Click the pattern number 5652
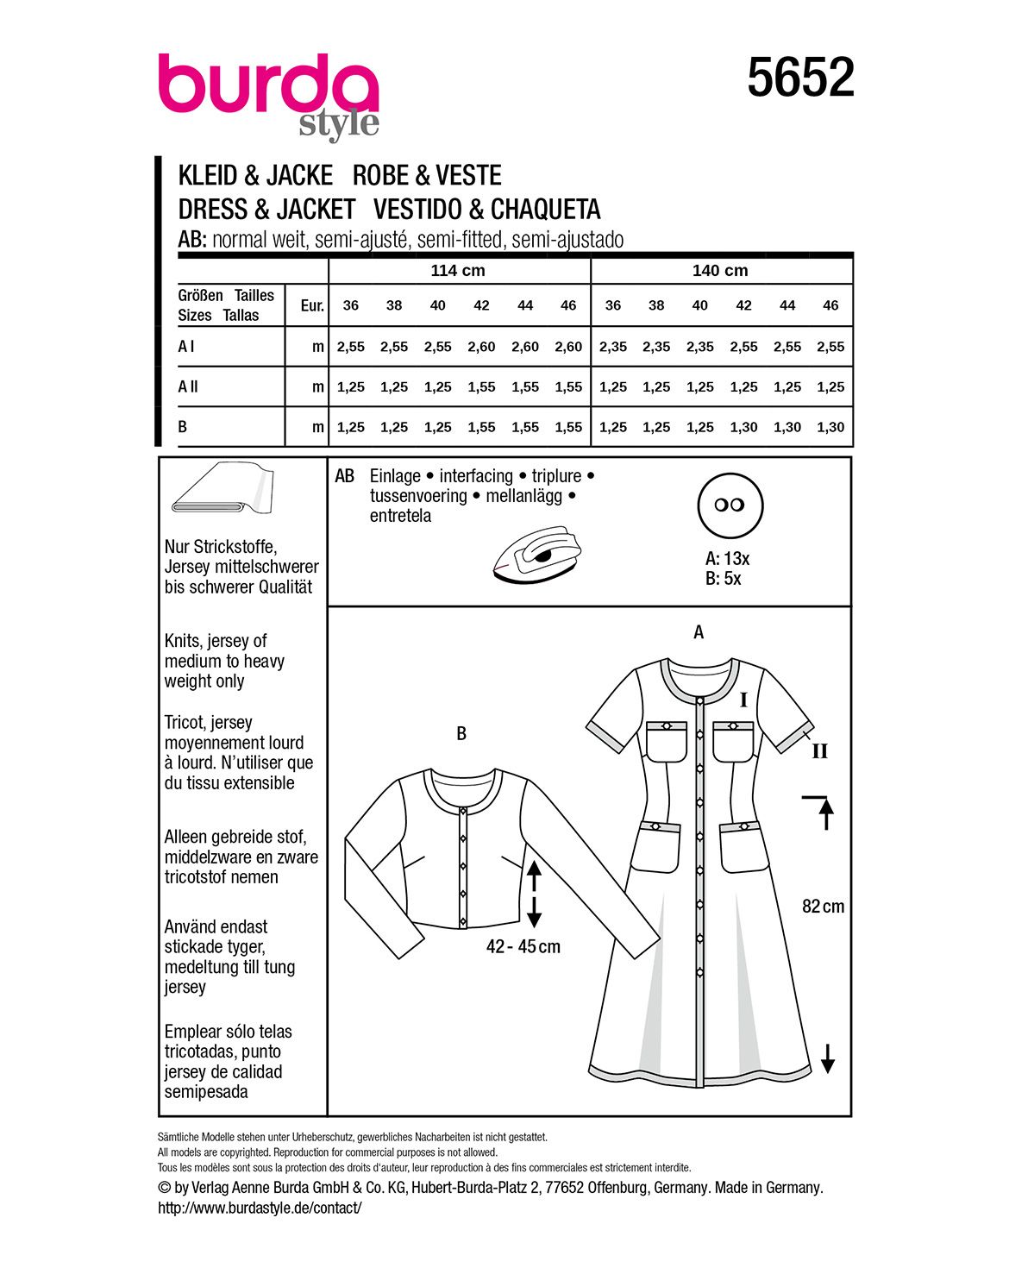pyautogui.click(x=800, y=78)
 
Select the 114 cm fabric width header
pyautogui.click(x=458, y=271)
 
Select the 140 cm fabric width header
pyautogui.click(x=720, y=271)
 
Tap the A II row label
pyautogui.click(x=188, y=387)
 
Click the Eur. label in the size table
pyautogui.click(x=312, y=305)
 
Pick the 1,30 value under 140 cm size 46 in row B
pyautogui.click(x=830, y=427)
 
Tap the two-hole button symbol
pyautogui.click(x=730, y=505)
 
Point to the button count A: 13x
pyautogui.click(x=727, y=559)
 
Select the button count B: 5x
pyautogui.click(x=723, y=579)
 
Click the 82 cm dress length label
pyautogui.click(x=823, y=907)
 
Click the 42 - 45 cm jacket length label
pyautogui.click(x=523, y=947)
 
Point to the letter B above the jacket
pyautogui.click(x=461, y=734)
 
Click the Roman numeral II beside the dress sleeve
pyautogui.click(x=819, y=751)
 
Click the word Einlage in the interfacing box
pyautogui.click(x=395, y=476)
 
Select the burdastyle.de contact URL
pyautogui.click(x=260, y=1208)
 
